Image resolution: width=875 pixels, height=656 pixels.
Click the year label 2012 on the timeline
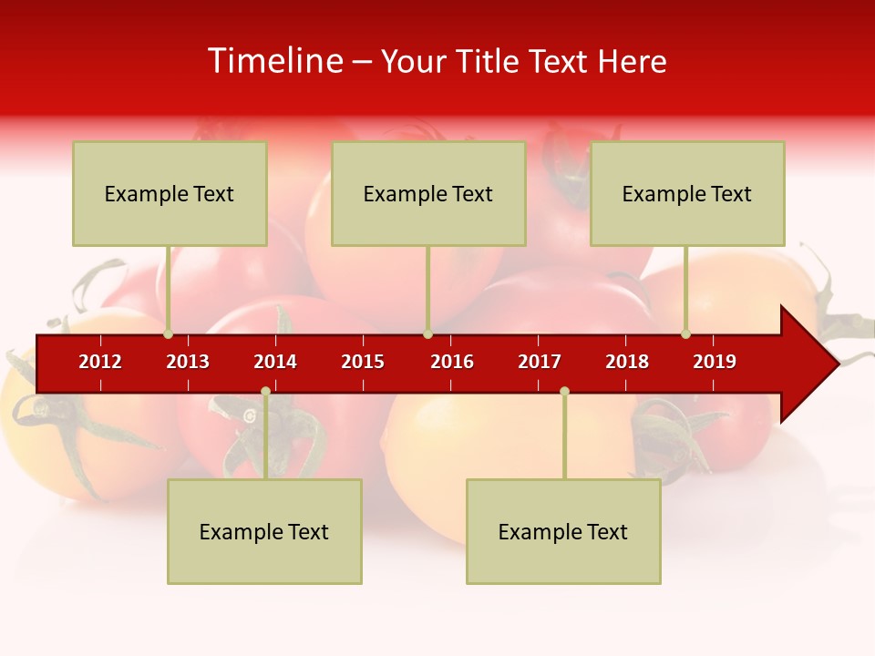100,362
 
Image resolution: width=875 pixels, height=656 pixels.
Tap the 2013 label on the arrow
188,362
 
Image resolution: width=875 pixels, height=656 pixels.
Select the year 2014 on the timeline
275,362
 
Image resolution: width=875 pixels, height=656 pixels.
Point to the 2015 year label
363,362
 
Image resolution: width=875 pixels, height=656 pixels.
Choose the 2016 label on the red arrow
452,362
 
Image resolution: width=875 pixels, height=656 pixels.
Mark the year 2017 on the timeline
540,362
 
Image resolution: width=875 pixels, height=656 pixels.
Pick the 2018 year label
627,362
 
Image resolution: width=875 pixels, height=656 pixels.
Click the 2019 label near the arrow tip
715,362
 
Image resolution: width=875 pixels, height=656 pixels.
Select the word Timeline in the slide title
274,61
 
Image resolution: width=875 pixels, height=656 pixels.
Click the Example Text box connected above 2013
170,193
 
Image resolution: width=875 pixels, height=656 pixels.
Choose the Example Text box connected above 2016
428,193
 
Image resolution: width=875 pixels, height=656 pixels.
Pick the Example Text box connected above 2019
687,193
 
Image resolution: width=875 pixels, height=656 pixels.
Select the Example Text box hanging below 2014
264,531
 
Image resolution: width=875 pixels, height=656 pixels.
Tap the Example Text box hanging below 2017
563,531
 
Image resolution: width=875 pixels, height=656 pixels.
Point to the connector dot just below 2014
265,392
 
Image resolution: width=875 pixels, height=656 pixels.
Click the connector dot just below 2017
564,392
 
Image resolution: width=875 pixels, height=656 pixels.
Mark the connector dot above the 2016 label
427,333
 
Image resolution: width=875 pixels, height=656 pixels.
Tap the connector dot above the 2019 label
685,333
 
